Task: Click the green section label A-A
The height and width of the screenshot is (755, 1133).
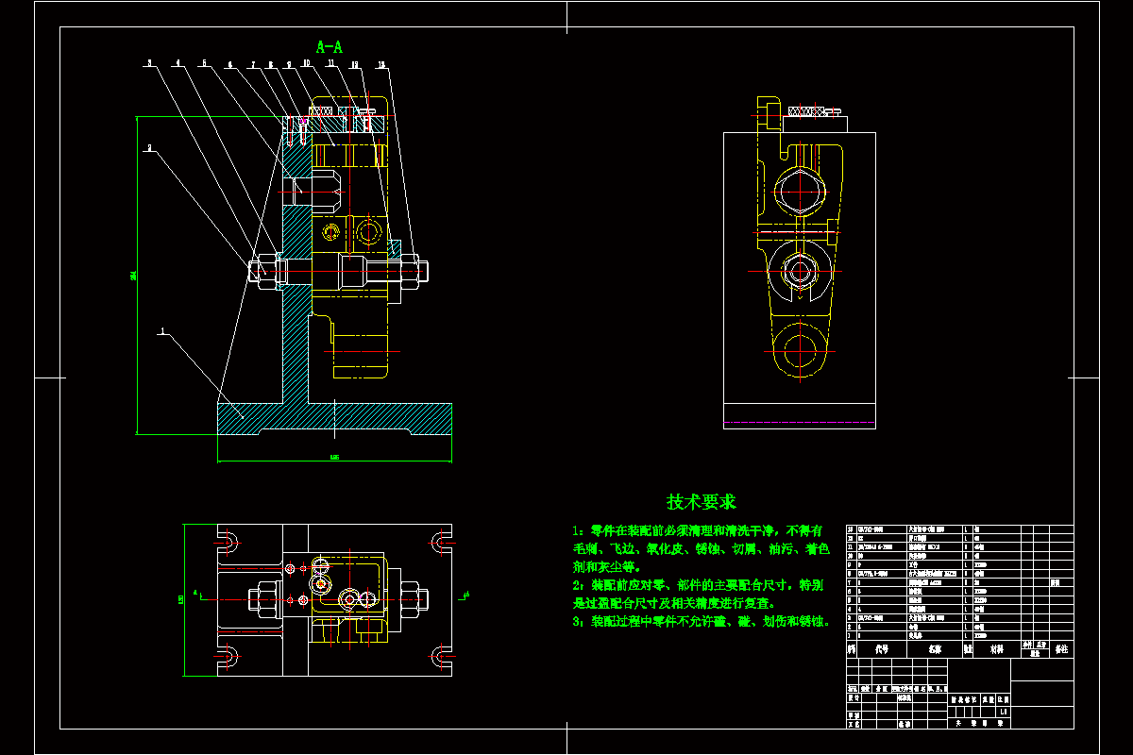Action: click(330, 45)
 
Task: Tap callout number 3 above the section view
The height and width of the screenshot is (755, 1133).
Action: click(148, 63)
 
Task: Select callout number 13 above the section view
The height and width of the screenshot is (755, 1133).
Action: click(381, 64)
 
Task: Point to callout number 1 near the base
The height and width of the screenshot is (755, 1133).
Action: click(162, 331)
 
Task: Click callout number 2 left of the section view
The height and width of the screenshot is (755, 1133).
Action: click(148, 147)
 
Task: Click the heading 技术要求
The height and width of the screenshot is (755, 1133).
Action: click(701, 501)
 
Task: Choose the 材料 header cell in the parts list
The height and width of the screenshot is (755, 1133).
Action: click(996, 649)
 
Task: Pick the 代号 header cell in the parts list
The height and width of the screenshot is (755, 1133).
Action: click(881, 649)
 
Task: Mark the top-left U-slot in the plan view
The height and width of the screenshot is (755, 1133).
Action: click(229, 542)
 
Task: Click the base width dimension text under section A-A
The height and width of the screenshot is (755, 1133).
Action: click(334, 459)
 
